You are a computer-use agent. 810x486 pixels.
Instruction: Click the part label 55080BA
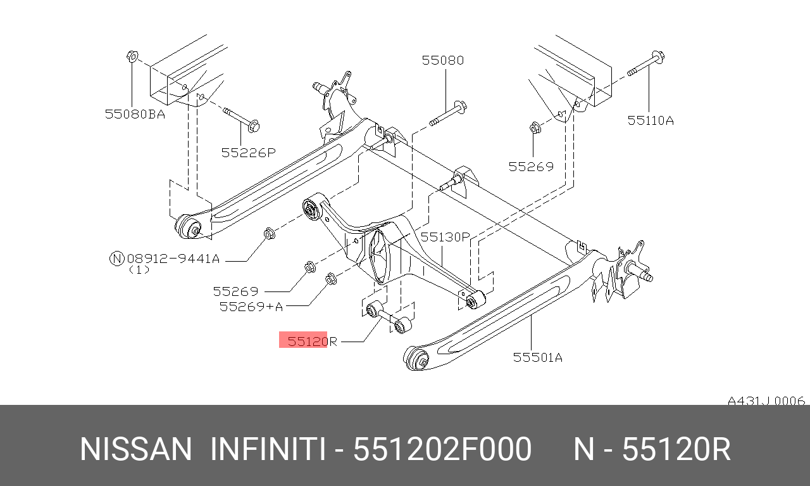(135, 115)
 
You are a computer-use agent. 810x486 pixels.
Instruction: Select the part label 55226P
(249, 153)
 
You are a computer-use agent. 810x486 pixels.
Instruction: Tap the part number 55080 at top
(443, 60)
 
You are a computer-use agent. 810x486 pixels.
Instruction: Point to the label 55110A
(651, 120)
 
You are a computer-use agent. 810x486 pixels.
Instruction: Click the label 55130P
(445, 237)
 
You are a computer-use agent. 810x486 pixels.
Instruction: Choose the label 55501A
(538, 357)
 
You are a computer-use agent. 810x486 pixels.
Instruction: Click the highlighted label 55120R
(312, 341)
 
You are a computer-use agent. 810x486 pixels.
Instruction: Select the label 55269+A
(251, 307)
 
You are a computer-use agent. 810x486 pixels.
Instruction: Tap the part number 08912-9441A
(173, 259)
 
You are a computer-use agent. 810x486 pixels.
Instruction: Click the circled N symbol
(117, 259)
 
